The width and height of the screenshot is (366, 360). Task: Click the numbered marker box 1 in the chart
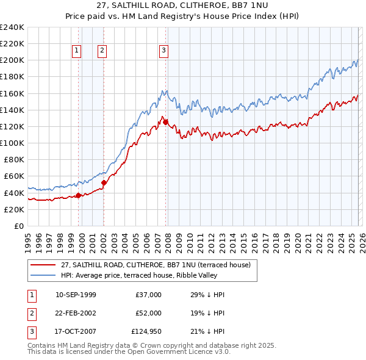pos(77,51)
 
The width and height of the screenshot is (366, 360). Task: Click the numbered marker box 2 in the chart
pos(102,51)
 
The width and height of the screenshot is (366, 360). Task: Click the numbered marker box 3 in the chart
pos(164,51)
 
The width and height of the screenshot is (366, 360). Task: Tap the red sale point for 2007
pos(166,123)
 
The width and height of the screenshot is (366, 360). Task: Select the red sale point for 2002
pos(104,182)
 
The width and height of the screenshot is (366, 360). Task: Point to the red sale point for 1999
pos(78,195)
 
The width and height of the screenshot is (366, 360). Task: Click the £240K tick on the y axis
pos(12,27)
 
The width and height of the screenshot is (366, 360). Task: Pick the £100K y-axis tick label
pos(12,143)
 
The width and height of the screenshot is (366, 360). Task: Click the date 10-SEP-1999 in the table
pos(76,295)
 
